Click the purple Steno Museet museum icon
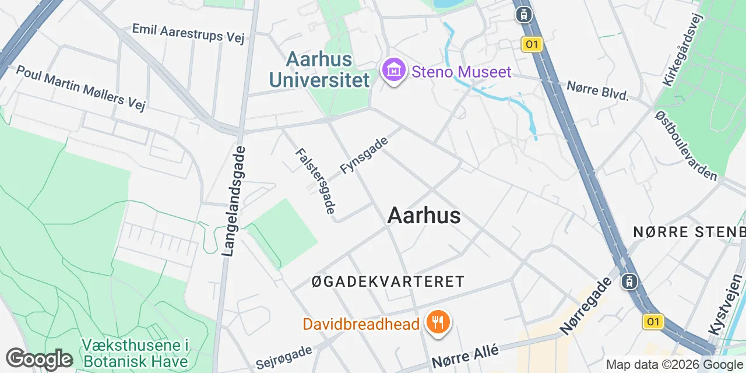click(394, 71)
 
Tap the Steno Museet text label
click(462, 72)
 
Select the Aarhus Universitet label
click(328, 69)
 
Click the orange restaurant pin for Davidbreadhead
click(438, 322)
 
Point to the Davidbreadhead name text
click(361, 323)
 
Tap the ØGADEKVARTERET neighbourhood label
click(388, 281)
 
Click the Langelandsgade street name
click(234, 201)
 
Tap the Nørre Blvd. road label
click(598, 90)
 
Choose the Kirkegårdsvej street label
click(683, 50)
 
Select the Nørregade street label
click(586, 306)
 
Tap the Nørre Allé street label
click(465, 356)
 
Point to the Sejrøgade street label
click(284, 357)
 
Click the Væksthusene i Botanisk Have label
click(135, 353)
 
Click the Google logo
click(39, 359)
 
